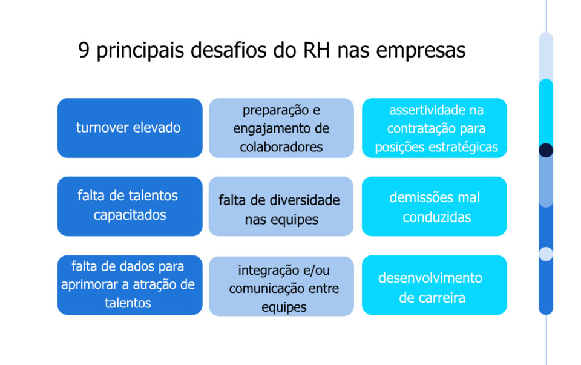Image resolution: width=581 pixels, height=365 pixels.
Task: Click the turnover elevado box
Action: pyautogui.click(x=130, y=128)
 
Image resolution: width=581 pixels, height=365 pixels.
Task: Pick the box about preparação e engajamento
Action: pyautogui.click(x=281, y=128)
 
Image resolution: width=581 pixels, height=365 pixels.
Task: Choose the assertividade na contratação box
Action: pyautogui.click(x=435, y=128)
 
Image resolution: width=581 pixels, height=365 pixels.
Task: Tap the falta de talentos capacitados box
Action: pyautogui.click(x=130, y=206)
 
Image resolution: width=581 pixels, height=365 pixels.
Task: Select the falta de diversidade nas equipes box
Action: pyautogui.click(x=281, y=206)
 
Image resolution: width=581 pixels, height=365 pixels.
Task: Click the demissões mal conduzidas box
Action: pyautogui.click(x=435, y=206)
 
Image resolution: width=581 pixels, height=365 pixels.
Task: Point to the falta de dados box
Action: pyautogui.click(x=130, y=285)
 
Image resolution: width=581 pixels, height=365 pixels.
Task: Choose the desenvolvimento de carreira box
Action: pyautogui.click(x=435, y=285)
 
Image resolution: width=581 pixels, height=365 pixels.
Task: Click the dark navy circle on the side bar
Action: pyautogui.click(x=546, y=150)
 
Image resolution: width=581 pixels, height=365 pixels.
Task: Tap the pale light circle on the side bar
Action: pyautogui.click(x=546, y=254)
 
